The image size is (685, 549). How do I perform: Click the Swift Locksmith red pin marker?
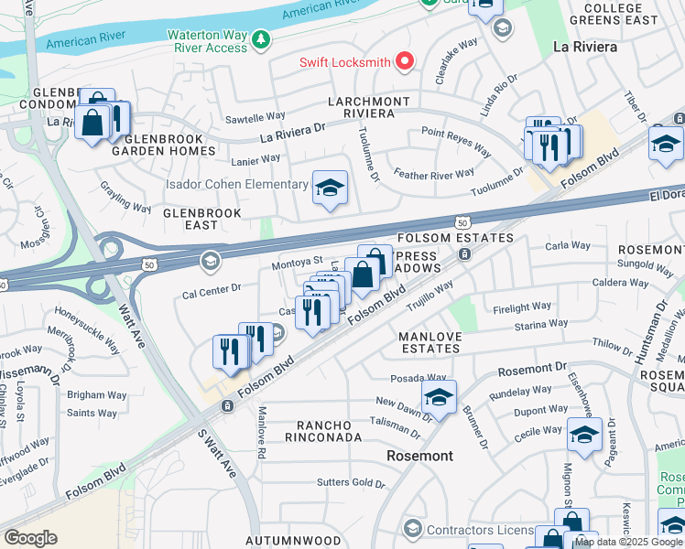tap(404, 62)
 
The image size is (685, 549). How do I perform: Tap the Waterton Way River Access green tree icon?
tap(261, 40)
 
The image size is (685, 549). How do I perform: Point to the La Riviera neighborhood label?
tap(584, 46)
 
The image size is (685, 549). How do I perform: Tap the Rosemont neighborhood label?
tap(419, 455)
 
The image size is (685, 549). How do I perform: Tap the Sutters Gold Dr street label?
tap(351, 482)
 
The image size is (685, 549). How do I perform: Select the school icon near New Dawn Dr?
tap(439, 398)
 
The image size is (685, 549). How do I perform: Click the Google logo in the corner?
tap(31, 538)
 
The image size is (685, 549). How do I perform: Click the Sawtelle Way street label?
tap(254, 117)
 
